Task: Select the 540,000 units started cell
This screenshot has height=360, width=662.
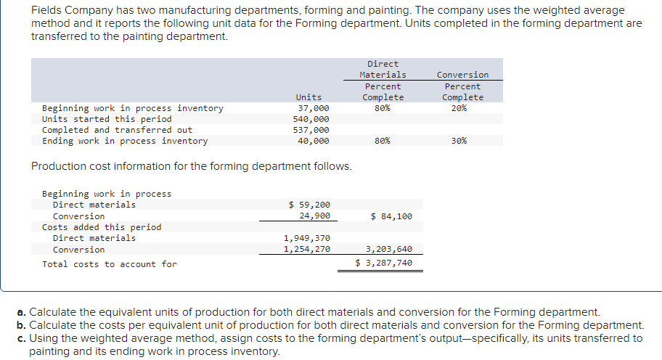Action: pos(311,119)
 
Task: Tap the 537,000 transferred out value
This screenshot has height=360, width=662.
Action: pos(311,130)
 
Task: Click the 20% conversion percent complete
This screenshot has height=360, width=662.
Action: pos(459,108)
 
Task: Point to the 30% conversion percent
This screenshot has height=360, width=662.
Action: pos(459,141)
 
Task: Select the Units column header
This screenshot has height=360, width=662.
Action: pos(308,97)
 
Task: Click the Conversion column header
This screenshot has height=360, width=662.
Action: pos(462,75)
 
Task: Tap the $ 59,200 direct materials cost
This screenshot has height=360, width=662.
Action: pos(309,205)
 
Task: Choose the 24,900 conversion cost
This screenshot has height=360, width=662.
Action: pos(315,216)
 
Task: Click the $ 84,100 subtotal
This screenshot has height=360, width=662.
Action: pos(391,216)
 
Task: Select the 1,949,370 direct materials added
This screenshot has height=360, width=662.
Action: pos(306,238)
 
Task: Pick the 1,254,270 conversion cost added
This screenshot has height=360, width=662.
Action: pos(306,250)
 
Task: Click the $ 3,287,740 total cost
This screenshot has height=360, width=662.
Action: pos(385,263)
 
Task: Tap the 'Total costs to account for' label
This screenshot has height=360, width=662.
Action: pos(109,264)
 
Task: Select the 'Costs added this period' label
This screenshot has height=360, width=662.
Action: pos(102,227)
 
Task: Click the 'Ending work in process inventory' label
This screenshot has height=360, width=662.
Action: pos(125,141)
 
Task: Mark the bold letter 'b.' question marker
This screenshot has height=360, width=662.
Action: pos(22,325)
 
